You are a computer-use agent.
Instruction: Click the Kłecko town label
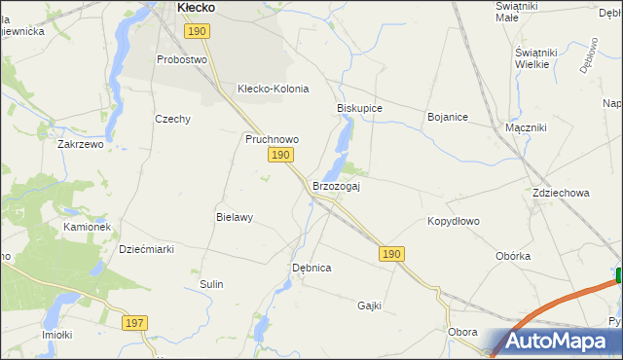tap(196, 8)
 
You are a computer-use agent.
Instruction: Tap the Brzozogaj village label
tap(336, 186)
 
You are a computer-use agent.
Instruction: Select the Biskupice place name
tap(359, 108)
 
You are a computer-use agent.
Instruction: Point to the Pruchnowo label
tap(272, 139)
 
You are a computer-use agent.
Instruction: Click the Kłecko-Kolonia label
tap(273, 89)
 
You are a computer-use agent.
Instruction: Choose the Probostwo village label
tap(183, 59)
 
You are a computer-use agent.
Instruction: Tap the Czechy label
tap(172, 119)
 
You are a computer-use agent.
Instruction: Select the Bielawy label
tap(234, 218)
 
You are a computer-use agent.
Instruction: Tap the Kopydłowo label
tap(454, 221)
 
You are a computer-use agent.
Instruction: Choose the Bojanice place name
tap(448, 117)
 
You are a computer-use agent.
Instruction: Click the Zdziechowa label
tap(561, 193)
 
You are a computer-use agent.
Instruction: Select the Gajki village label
tap(369, 306)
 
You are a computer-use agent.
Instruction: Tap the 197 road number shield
tap(135, 321)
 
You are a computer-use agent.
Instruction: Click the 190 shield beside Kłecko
tap(197, 32)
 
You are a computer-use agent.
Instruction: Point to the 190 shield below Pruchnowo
tap(280, 156)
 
